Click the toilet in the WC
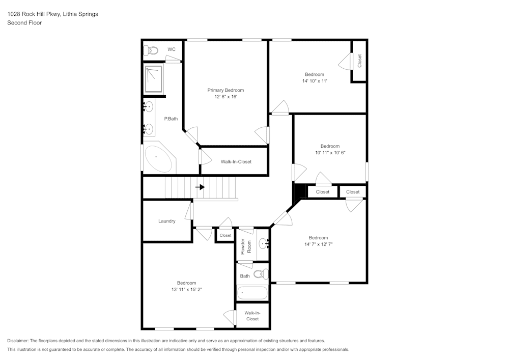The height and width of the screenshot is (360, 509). pos(151,50)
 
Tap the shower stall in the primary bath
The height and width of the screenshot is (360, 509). pos(154,79)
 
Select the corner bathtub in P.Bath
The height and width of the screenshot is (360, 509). pos(158,159)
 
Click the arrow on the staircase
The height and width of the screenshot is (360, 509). pos(200,187)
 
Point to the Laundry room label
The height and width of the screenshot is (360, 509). pos(167,221)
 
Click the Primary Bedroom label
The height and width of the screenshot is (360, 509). pos(225,90)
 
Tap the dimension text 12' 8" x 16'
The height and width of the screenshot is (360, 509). pos(225,97)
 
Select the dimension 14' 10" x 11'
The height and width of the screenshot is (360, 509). pos(315,81)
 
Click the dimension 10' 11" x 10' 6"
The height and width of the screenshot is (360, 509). pos(330,153)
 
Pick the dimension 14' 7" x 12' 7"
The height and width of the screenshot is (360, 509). pos(319,244)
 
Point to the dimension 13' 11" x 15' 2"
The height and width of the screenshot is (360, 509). pos(187,289)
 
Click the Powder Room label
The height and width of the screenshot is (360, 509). pos(246,246)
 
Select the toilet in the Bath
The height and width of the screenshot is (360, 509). pos(261,274)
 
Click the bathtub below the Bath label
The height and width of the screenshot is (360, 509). pos(252,293)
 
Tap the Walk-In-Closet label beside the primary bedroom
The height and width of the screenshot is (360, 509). pos(236,161)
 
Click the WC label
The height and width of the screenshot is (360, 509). pos(172,49)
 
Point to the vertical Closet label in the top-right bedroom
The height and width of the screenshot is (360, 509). pos(359,61)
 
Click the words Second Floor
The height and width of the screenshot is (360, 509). pos(24,23)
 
